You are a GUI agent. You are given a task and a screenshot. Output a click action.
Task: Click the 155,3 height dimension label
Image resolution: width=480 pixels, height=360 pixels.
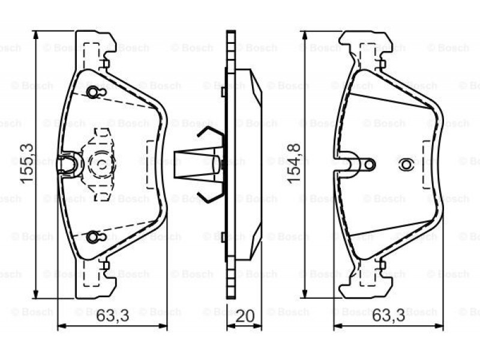coord(26,163)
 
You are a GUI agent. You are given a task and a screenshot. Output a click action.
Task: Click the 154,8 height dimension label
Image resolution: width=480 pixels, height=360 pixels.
coord(295,163)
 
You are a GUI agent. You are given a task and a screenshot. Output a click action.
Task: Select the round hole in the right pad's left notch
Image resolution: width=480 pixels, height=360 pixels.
coord(370,164)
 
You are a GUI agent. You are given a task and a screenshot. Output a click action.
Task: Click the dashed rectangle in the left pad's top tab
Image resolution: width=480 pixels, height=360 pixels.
coord(92,56)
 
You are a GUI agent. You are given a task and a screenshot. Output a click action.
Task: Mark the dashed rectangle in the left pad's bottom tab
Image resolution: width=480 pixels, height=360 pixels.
coord(92,273)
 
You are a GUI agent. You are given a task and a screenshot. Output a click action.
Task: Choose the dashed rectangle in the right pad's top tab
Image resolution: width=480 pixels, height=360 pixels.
coord(368,56)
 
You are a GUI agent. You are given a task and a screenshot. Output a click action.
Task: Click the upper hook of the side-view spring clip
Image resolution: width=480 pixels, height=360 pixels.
coord(211,132)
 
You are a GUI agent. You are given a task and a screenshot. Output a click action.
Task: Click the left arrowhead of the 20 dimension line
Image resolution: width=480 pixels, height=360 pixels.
coord(230,326)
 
